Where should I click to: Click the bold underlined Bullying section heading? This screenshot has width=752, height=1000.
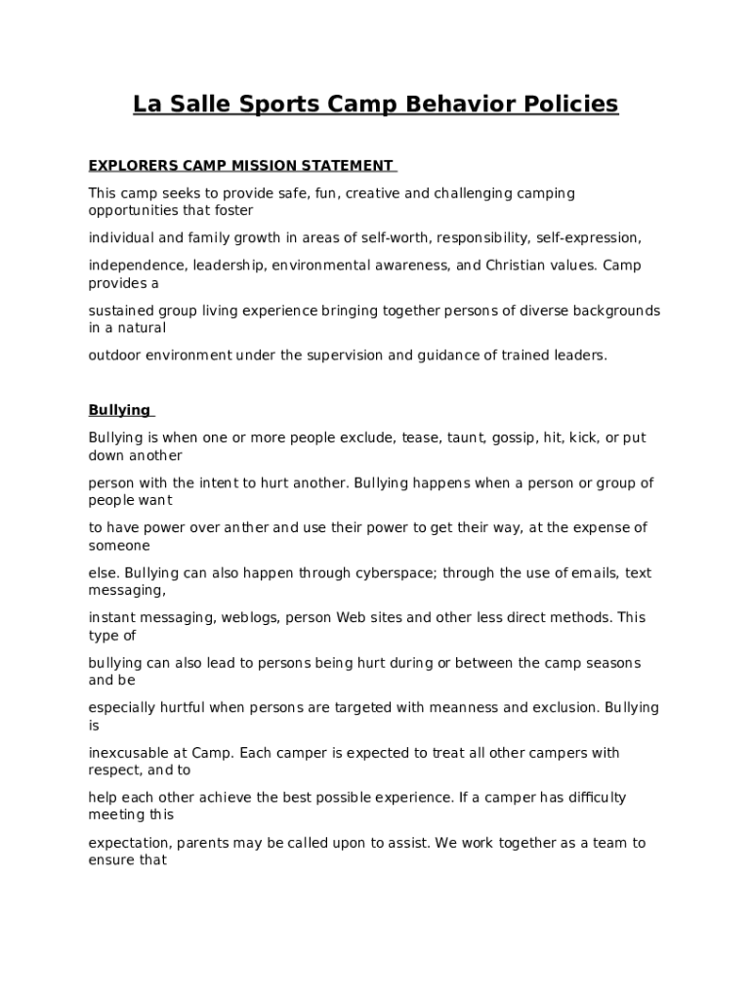[x=119, y=410]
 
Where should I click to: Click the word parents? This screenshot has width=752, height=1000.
[x=207, y=843]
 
